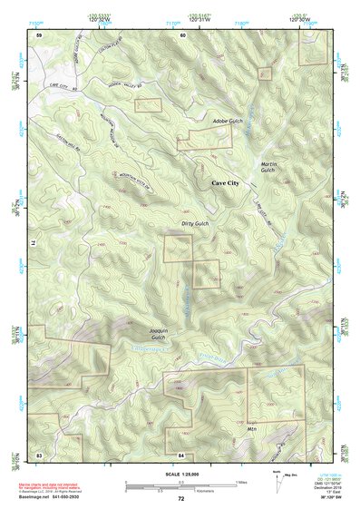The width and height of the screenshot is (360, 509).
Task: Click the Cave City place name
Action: [226, 183]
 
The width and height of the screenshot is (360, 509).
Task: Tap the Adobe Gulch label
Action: [228, 121]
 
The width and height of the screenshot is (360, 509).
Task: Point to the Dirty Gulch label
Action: [194, 223]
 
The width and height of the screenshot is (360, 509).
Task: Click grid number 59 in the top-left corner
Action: [39, 34]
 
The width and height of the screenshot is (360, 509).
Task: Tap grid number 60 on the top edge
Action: [182, 34]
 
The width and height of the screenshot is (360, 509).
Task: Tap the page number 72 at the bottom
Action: [180, 498]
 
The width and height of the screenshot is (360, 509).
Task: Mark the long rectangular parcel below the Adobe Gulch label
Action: [204, 139]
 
